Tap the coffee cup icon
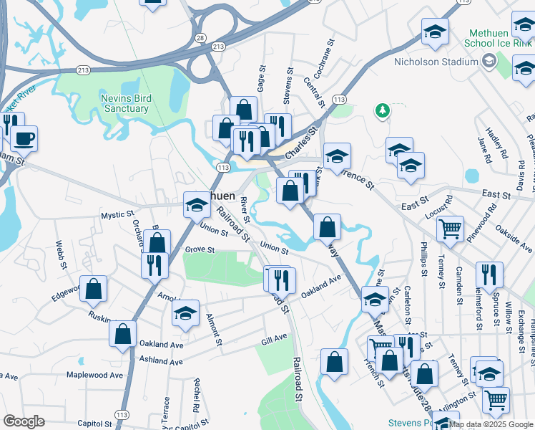coord(24,138)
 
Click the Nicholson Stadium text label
coord(436,62)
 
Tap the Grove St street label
coord(200,250)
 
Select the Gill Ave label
coord(274,337)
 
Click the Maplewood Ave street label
coord(94,375)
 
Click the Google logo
coord(24,421)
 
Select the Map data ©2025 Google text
coord(491,424)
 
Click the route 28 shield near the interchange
coord(201,37)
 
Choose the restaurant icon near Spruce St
coord(489,274)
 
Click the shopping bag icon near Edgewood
coord(94,289)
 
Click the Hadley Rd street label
coord(496,143)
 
